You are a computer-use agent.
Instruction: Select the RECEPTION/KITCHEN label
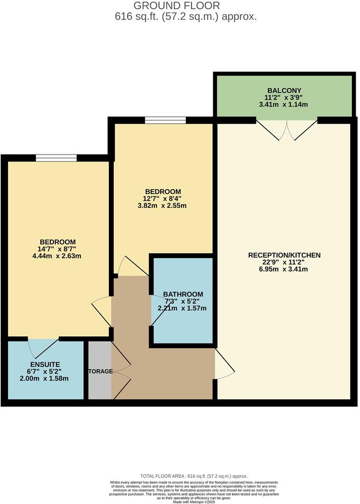(x=284, y=255)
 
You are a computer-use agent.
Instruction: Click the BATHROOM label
(x=183, y=294)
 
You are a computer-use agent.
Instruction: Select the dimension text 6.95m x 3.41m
(x=284, y=270)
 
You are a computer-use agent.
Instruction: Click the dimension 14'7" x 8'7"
(x=57, y=249)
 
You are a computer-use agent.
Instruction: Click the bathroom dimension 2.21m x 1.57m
(x=182, y=308)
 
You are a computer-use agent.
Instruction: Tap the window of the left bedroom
(x=56, y=158)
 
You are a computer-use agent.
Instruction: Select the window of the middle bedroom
(x=165, y=120)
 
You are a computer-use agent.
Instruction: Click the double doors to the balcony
(x=287, y=130)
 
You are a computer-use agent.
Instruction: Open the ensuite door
(x=44, y=348)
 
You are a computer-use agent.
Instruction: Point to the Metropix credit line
(x=194, y=502)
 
